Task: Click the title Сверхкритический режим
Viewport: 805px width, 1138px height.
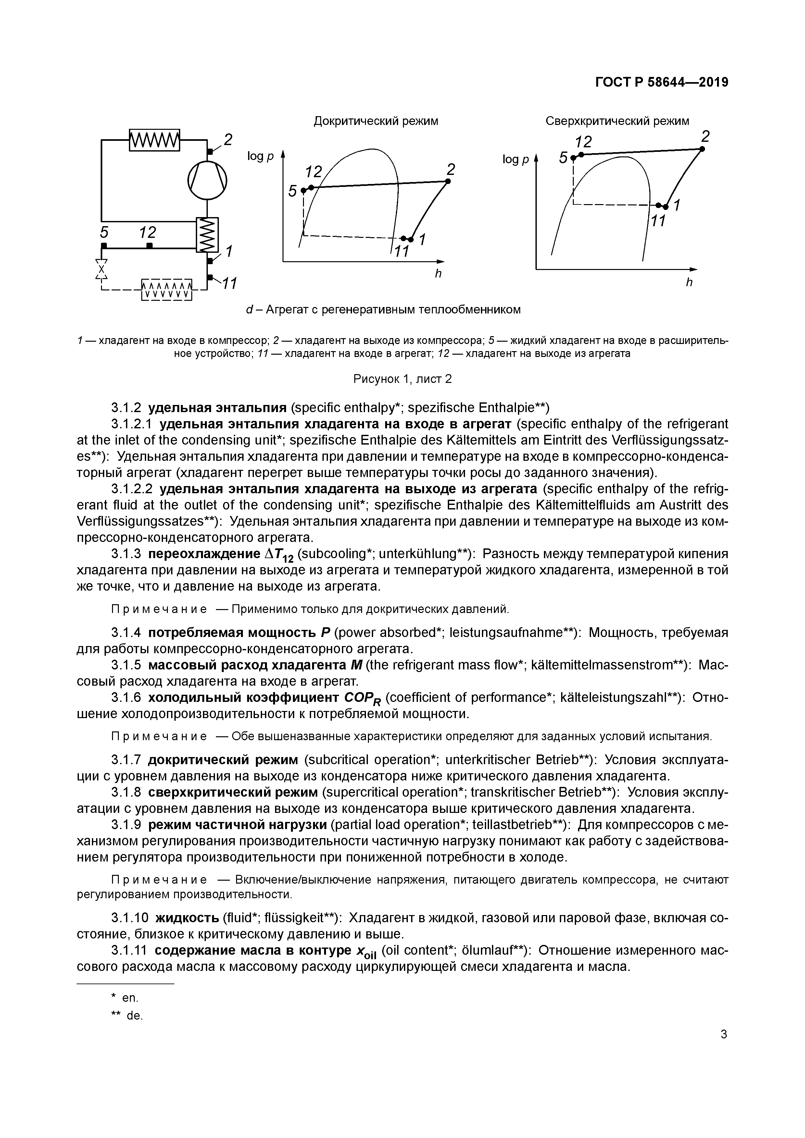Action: [x=617, y=121]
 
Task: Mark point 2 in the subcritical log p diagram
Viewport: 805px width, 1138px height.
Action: [x=447, y=181]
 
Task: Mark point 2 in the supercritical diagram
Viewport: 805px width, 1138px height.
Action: [x=702, y=149]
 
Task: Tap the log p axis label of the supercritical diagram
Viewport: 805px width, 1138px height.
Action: [x=515, y=160]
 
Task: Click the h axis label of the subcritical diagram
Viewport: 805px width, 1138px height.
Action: [x=438, y=273]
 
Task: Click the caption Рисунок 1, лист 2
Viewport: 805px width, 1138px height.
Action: [x=402, y=379]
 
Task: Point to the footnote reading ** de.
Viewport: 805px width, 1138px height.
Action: [x=127, y=1016]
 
